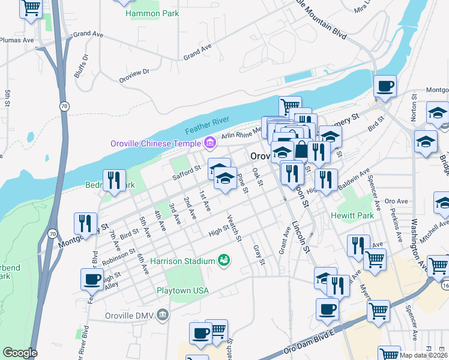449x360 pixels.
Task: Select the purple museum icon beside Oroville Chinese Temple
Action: tap(209, 143)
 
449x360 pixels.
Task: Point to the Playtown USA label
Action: tap(182, 290)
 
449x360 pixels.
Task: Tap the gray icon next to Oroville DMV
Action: tap(163, 314)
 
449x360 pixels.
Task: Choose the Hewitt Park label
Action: tap(352, 214)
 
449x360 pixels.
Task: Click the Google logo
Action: tap(19, 353)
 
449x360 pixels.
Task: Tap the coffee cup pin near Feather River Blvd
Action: tap(92, 279)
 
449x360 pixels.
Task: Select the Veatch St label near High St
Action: tap(234, 228)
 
